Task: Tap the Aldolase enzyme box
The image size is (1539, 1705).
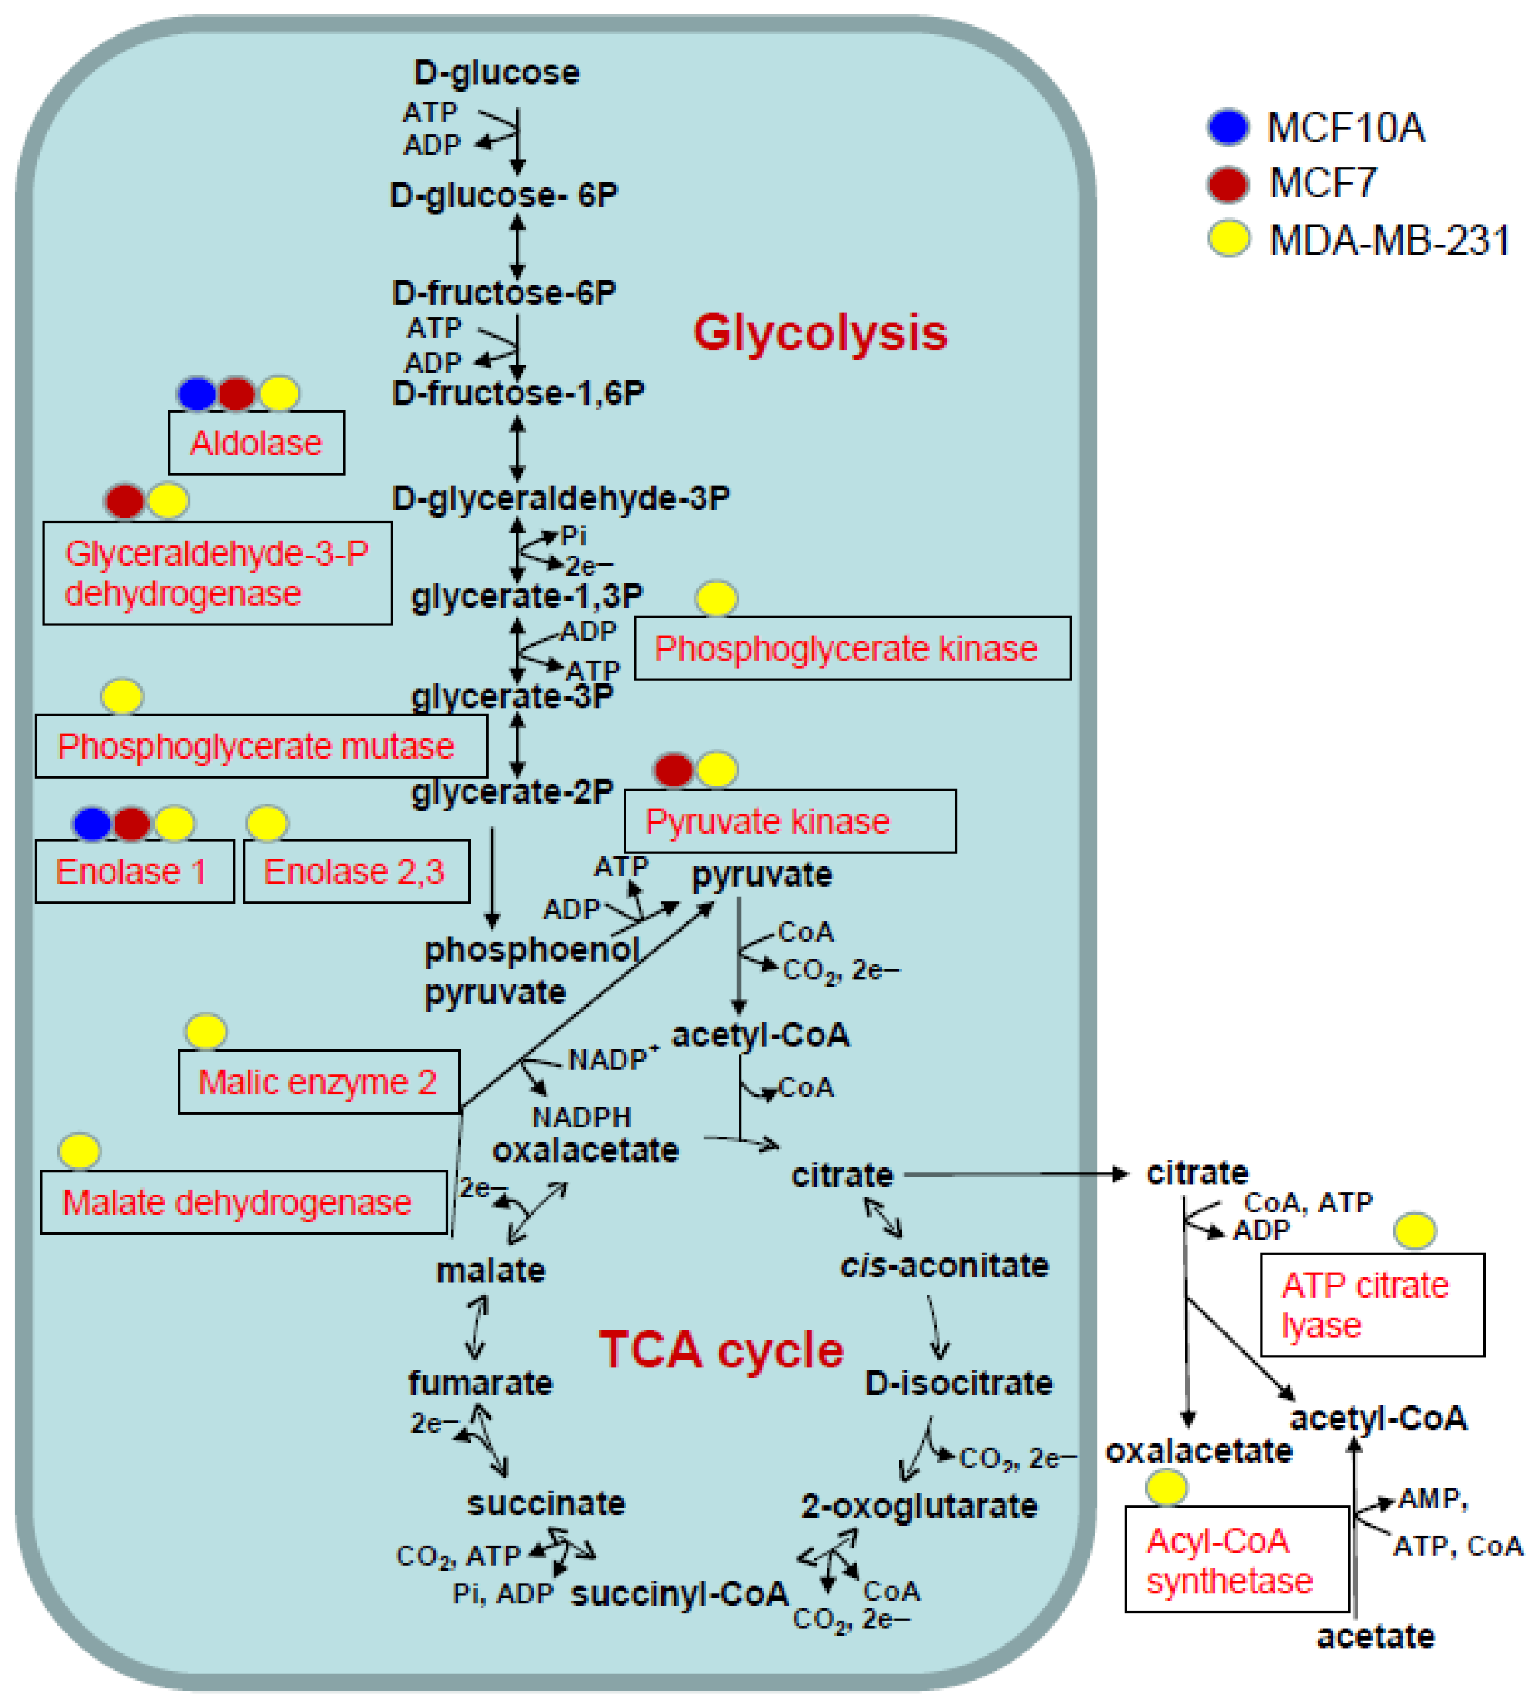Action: point(256,443)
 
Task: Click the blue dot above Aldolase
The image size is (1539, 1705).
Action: point(197,394)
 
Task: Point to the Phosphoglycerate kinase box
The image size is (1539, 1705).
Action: point(852,648)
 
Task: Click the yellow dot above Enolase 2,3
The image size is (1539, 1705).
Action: point(267,824)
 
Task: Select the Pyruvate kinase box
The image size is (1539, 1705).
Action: point(790,822)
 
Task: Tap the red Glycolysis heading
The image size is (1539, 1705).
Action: point(820,332)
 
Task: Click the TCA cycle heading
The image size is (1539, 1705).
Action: point(721,1350)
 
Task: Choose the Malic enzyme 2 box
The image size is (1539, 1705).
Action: point(319,1083)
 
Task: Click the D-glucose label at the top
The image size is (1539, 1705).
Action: point(496,73)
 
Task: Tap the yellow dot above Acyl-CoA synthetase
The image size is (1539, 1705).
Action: point(1167,1488)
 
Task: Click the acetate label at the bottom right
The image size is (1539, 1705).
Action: point(1376,1636)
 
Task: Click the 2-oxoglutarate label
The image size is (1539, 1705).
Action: point(919,1506)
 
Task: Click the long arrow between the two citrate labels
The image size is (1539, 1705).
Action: point(1015,1175)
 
